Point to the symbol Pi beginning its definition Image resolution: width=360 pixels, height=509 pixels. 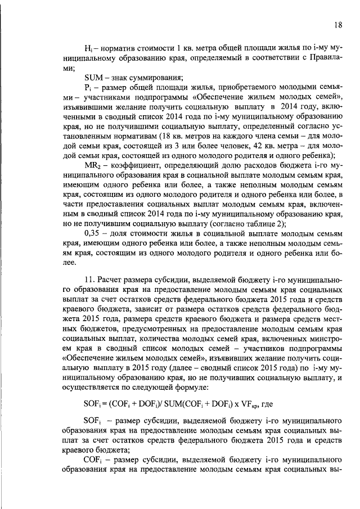coord(87,88)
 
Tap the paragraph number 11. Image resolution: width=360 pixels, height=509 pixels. coord(89,280)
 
